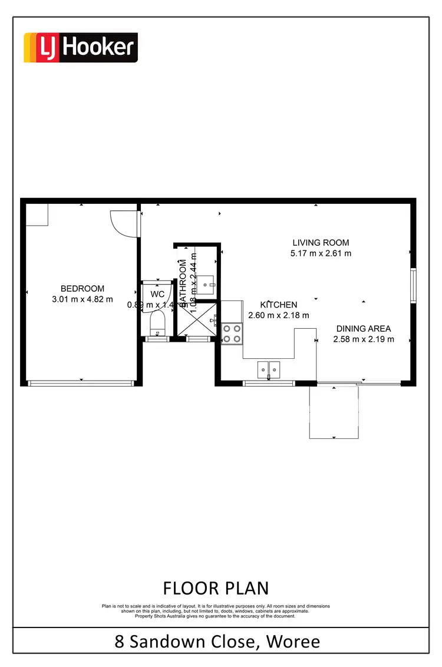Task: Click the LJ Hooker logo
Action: [80, 48]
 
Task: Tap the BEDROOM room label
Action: [83, 289]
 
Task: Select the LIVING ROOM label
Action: [321, 242]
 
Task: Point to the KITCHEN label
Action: [279, 305]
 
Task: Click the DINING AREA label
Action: [364, 329]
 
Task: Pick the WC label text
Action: [157, 294]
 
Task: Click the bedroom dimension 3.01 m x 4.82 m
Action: [83, 299]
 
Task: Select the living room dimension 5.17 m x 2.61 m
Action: [321, 253]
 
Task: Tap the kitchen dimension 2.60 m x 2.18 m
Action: [279, 316]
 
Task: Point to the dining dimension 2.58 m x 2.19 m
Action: [364, 339]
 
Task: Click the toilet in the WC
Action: [157, 323]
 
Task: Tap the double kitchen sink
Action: [269, 369]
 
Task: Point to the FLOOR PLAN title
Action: [216, 588]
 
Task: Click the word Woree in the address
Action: [293, 641]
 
